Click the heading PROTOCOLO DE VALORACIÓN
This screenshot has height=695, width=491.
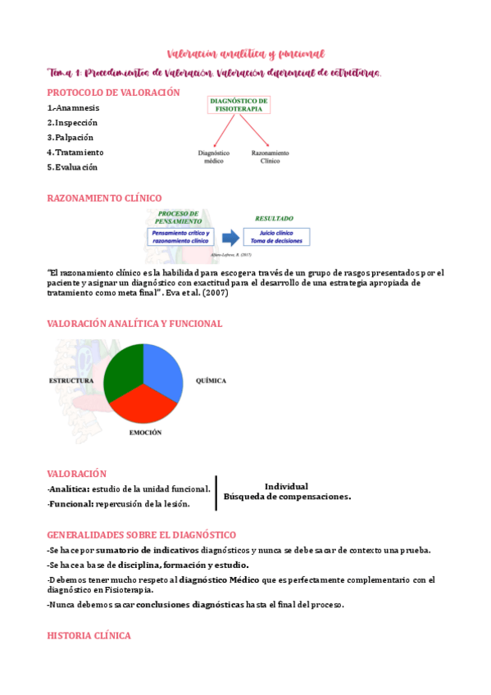pos(113,93)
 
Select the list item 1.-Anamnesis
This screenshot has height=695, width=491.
pos(74,107)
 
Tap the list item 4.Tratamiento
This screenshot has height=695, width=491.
pos(75,152)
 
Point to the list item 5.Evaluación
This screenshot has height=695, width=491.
pos(72,167)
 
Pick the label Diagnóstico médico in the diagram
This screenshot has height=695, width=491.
pos(213,157)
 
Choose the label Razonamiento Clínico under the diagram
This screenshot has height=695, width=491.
pos(271,157)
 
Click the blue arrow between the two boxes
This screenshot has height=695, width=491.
pos(231,238)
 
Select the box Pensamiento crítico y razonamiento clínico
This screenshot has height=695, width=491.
pos(180,238)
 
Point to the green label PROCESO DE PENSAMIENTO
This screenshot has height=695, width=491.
pos(179,216)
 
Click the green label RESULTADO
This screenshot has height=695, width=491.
pos(274,219)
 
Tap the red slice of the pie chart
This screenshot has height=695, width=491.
pos(144,403)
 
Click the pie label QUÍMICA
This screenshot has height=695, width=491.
pos(211,381)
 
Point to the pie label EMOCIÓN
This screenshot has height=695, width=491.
pos(145,432)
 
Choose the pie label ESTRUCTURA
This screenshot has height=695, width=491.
pos(71,381)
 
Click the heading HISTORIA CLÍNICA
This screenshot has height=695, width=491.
pos(89,635)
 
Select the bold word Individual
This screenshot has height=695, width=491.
pos(286,486)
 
